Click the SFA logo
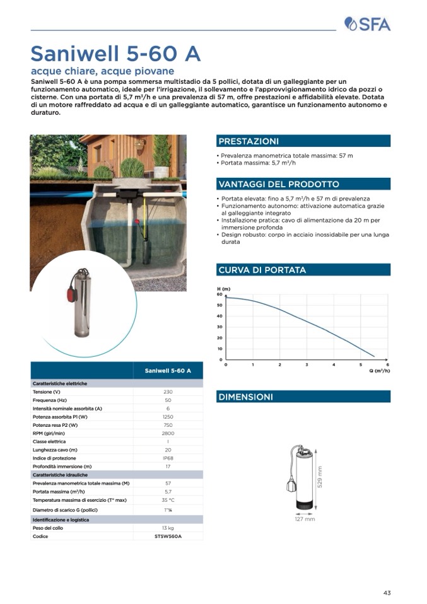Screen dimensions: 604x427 tap(368, 24)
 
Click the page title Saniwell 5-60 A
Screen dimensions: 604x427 tap(115, 54)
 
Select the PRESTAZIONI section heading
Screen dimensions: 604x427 tap(248, 141)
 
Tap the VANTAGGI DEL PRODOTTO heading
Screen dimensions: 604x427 tap(278, 184)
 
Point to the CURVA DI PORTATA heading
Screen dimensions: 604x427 tap(262, 270)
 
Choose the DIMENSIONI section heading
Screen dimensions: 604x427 tap(245, 397)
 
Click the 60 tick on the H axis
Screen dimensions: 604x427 tap(219, 294)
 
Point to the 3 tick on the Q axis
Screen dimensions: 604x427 tap(307, 365)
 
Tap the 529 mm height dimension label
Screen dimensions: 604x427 tap(320, 477)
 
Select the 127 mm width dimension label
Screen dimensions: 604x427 tap(305, 519)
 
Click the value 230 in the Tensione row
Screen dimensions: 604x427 tap(168, 392)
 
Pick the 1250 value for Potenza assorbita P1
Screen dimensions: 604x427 tap(168, 417)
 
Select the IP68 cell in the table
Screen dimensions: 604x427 tap(168, 458)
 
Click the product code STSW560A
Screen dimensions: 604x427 tap(168, 536)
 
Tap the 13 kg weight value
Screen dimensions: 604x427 tap(168, 528)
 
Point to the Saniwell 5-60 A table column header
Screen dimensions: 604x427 tap(168, 371)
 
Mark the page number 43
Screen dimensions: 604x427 tap(387, 592)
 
